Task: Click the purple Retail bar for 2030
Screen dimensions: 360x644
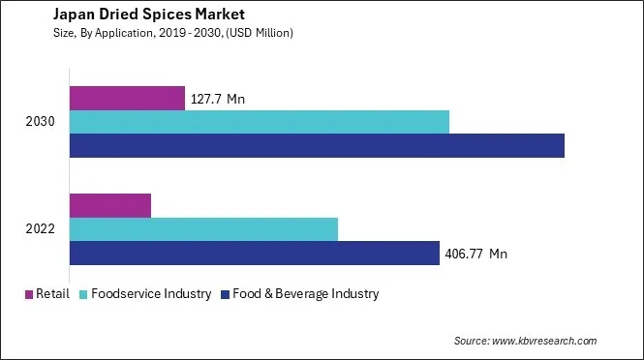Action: (127, 98)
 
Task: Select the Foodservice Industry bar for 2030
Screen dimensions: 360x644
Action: (260, 122)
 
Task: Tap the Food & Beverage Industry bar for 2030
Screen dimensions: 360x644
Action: (317, 145)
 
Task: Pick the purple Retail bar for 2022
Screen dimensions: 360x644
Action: (110, 205)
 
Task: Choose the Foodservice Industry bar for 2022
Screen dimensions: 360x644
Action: (203, 229)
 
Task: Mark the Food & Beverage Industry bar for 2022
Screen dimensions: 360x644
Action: (255, 253)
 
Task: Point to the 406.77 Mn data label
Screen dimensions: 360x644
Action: (476, 254)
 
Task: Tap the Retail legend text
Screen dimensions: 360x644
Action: (52, 294)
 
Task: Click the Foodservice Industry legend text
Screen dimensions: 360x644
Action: (152, 294)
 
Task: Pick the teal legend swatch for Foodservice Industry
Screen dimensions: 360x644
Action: (84, 294)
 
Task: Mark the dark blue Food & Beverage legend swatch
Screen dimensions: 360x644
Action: (225, 294)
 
